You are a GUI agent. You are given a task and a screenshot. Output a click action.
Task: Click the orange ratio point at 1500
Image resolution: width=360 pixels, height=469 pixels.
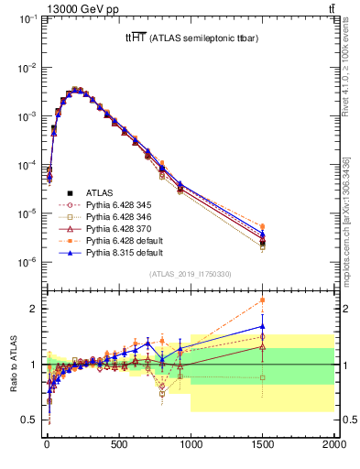tap(263, 300)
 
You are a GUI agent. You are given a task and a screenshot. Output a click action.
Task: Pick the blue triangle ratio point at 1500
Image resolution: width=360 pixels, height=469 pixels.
tap(263, 326)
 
